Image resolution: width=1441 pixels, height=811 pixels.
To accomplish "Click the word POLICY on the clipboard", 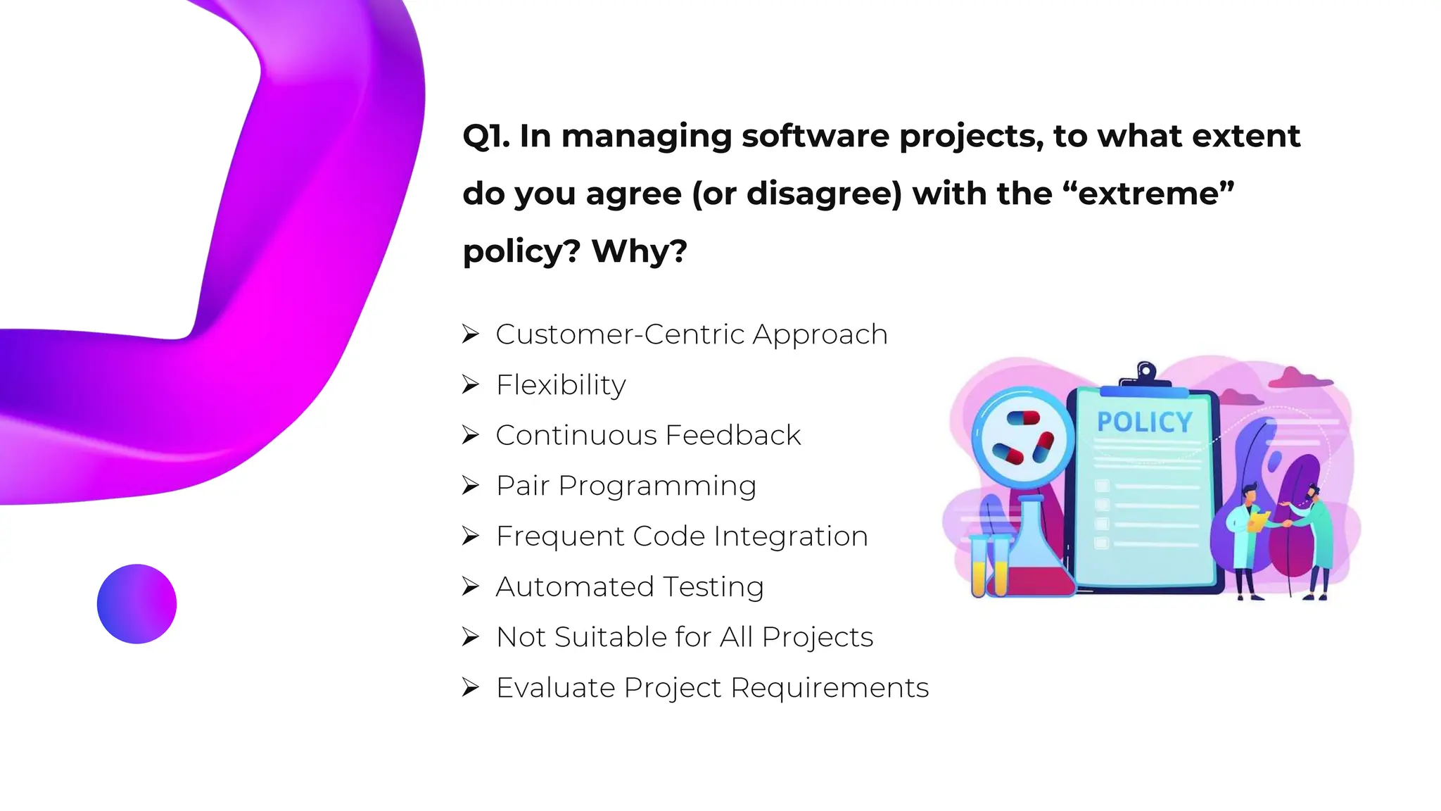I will pos(1145,422).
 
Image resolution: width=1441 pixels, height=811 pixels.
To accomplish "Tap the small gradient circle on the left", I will pos(137,603).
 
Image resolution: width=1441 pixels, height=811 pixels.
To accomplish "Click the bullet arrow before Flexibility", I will pos(470,384).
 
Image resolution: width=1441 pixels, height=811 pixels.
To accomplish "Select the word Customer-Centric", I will pos(619,334).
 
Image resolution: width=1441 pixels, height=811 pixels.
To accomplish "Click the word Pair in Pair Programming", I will pos(522,486).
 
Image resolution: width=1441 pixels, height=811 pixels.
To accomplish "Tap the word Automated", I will pos(575,586).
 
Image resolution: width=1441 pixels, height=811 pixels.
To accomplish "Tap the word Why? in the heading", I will pos(639,251).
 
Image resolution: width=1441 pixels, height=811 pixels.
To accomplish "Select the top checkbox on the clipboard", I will pos(1102,486).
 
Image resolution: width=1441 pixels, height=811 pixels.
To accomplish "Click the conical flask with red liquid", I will pos(1031,556).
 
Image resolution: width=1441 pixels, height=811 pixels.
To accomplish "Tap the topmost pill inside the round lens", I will pos(1023,418).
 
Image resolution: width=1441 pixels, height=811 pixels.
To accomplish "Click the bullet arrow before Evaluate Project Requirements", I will pos(470,687).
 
